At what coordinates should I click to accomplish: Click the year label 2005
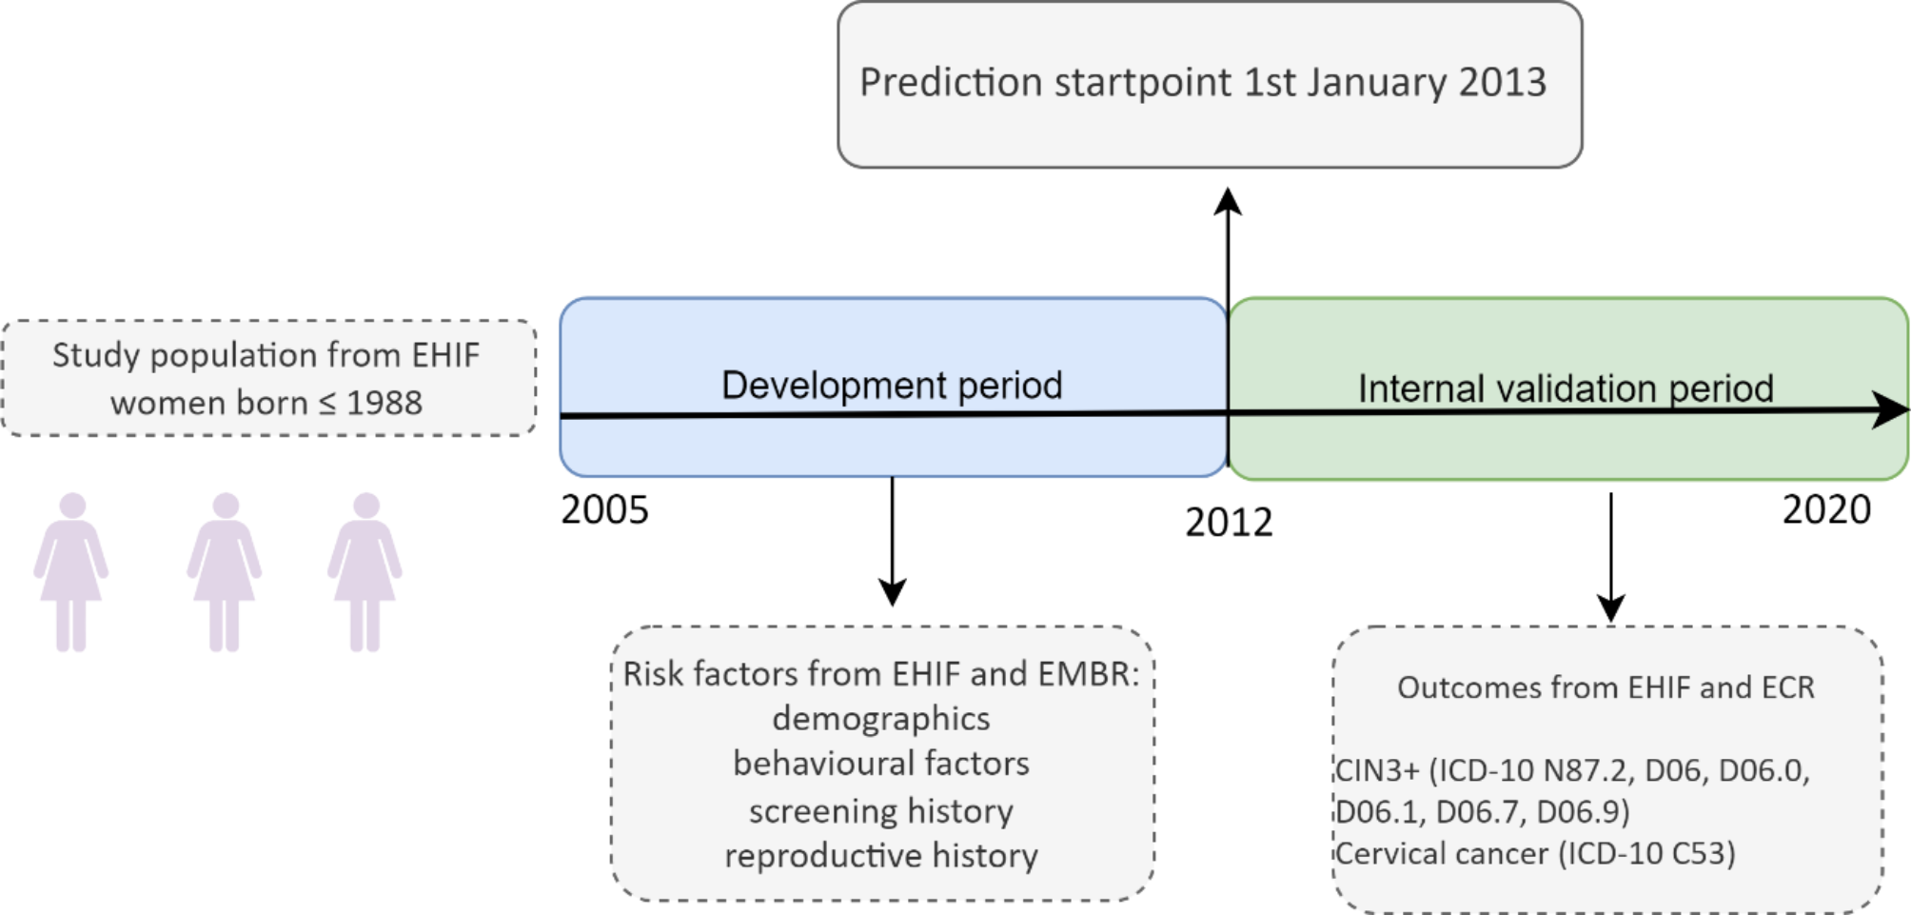tap(604, 509)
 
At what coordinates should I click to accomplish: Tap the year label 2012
tap(1229, 523)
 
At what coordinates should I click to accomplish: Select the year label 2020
tap(1826, 509)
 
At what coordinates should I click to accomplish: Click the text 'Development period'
tap(892, 385)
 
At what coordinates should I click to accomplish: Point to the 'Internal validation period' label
tap(1566, 388)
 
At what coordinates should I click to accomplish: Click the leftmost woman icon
tap(71, 571)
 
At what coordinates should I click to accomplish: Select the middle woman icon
tap(225, 571)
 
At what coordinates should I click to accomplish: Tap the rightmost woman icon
tap(365, 571)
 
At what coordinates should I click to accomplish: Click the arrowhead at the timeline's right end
tap(1892, 409)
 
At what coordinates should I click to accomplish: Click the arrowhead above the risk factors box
tap(892, 592)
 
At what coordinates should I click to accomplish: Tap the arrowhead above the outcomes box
tap(1610, 607)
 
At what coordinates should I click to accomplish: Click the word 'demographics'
tap(881, 718)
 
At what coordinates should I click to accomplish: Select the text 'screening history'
tap(881, 810)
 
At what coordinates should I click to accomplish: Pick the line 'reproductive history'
tap(881, 855)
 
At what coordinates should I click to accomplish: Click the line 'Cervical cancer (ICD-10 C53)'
tap(1535, 853)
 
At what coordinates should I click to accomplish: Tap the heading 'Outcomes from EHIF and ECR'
tap(1606, 687)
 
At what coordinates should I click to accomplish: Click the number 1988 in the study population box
tap(384, 403)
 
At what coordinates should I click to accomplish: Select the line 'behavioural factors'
tap(881, 764)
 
